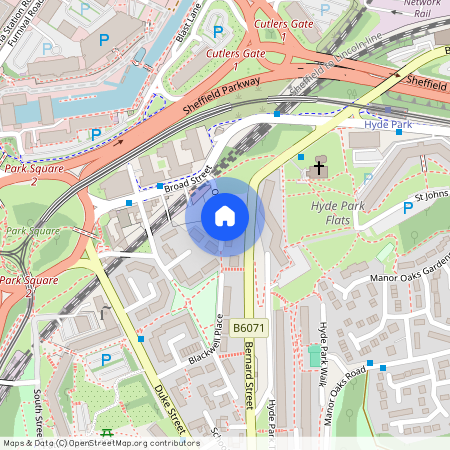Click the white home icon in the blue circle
tap(225, 215)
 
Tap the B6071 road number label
tap(249, 327)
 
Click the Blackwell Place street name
tap(205, 340)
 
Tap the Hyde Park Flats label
tap(336, 212)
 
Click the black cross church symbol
tap(320, 168)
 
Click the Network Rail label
tap(421, 9)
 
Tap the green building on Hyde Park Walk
tap(315, 355)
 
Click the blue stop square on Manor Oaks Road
tap(369, 363)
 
